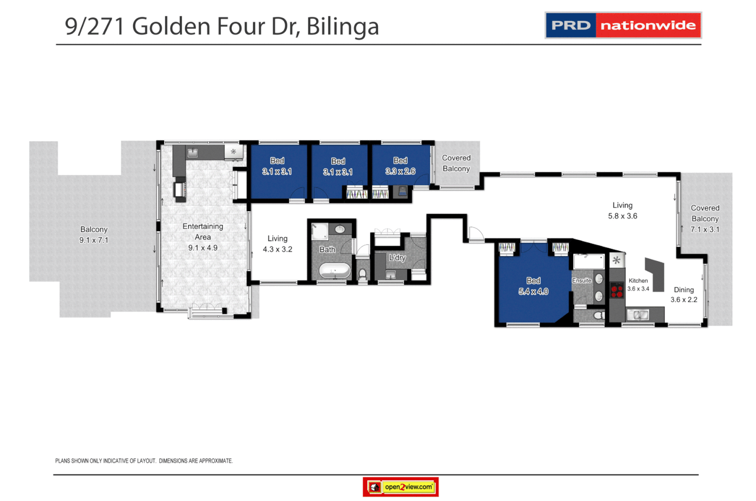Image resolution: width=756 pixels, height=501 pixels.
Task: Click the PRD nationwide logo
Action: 622,25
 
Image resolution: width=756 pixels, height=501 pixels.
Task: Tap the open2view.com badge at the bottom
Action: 401,487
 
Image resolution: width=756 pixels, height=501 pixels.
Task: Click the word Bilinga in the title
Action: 342,26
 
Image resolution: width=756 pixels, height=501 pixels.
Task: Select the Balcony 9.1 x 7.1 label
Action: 94,235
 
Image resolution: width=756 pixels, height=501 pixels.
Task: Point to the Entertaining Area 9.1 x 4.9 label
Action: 203,237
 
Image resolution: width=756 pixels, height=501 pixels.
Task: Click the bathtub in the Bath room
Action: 334,270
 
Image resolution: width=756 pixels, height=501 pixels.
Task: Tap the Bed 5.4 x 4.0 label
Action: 533,286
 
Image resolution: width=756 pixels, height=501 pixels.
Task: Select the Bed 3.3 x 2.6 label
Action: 400,166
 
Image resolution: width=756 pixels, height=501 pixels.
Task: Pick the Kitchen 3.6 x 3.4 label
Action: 638,284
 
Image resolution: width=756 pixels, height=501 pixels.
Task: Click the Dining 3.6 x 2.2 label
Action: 684,295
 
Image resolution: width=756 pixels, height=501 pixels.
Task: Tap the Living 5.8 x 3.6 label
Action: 622,211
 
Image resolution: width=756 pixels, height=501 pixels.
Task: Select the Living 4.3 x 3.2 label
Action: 277,244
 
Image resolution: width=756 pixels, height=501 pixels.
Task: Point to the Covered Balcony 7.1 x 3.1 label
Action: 705,218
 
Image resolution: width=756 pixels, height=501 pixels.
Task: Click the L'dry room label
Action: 397,257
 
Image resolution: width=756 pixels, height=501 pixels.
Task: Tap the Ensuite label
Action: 581,281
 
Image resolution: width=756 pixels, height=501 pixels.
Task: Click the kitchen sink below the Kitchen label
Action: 638,315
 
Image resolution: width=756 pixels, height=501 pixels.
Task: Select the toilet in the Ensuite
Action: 598,316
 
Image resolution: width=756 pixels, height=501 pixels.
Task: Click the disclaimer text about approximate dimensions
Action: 144,461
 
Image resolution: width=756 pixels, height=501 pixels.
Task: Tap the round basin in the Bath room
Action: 340,229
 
